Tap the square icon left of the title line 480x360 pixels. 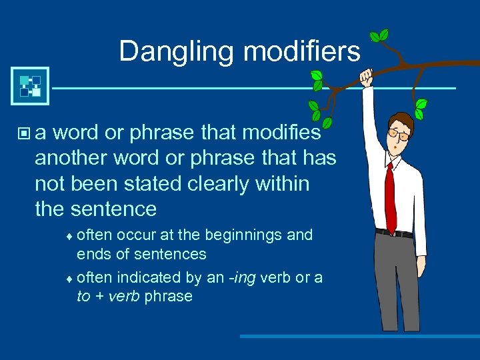coord(30,86)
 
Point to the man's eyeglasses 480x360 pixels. coord(401,135)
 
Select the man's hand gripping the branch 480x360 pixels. coord(366,77)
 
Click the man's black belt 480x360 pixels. coord(393,233)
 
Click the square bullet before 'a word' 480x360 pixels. coord(25,134)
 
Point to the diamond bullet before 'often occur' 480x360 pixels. coord(73,236)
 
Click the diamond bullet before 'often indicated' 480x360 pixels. coord(73,278)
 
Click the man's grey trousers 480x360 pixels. coord(397,280)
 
